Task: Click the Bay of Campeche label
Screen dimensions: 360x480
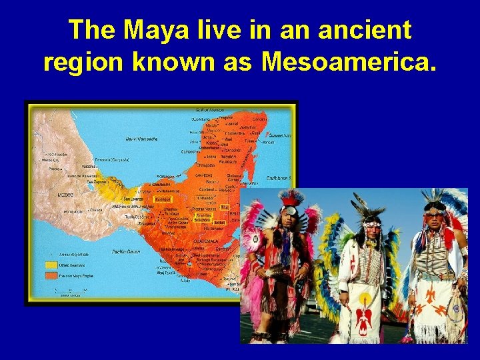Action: [x=142, y=139]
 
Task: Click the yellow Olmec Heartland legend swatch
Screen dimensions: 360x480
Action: [x=51, y=265]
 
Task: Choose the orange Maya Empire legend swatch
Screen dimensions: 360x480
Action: [x=51, y=275]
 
